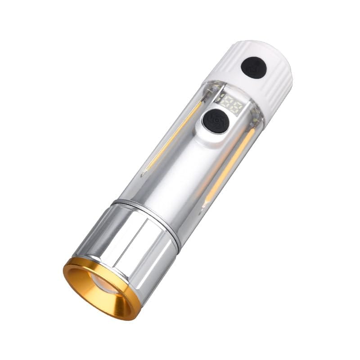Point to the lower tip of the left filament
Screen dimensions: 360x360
pyautogui.click(x=144, y=173)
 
